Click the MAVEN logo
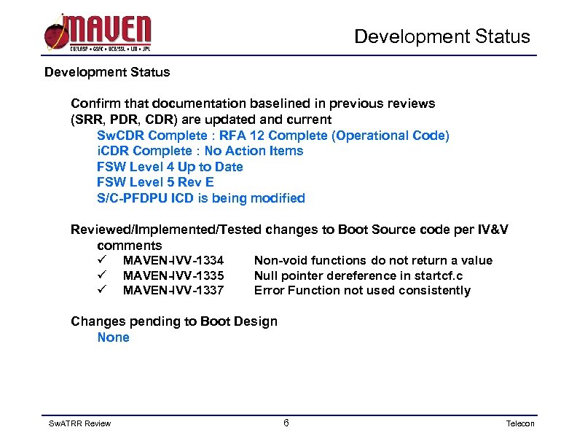point(98,32)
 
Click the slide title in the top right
point(442,36)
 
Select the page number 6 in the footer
point(286,423)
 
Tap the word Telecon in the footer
point(520,424)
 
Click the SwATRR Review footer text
point(79,424)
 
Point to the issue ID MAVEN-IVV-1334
point(173,260)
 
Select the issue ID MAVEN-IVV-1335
point(173,275)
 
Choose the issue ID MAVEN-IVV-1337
point(173,291)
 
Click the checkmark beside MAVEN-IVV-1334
point(102,260)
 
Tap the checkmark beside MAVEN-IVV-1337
point(102,291)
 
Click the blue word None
point(113,337)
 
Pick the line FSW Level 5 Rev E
point(155,182)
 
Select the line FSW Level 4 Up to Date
point(170,167)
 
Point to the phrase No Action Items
point(254,151)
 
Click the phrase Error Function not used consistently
point(362,291)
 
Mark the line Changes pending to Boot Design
point(173,321)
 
